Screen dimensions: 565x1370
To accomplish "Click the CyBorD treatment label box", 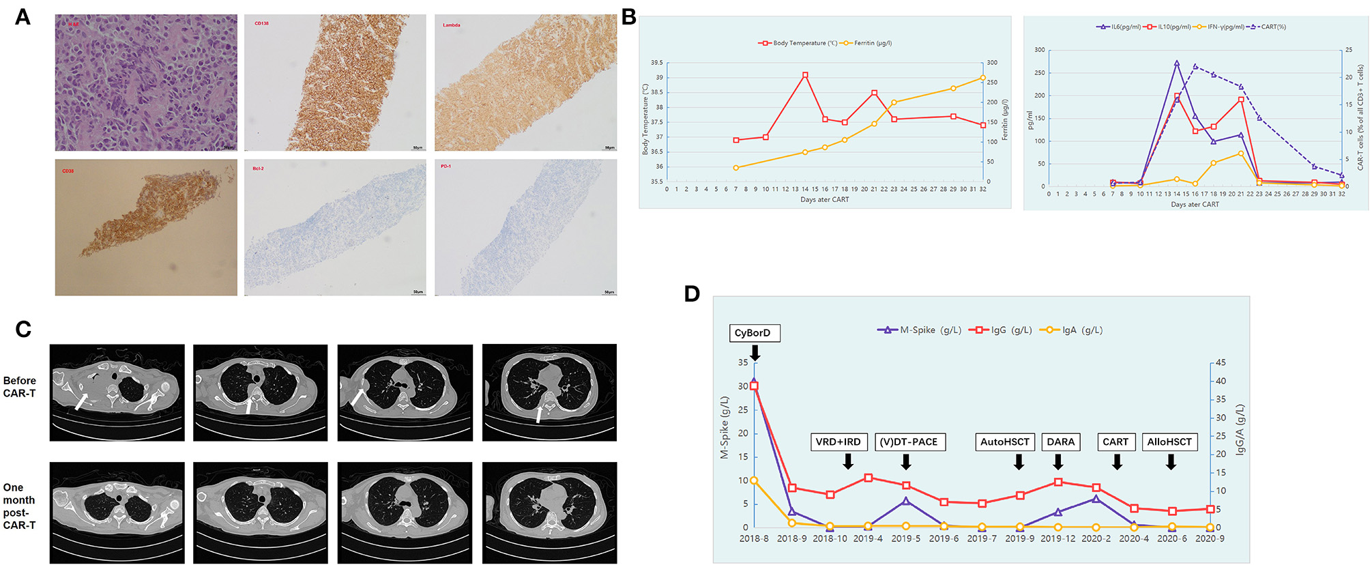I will click(x=754, y=333).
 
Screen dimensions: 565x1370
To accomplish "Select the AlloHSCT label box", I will click(x=1169, y=442).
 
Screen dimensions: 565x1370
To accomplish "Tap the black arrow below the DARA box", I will click(x=1058, y=463).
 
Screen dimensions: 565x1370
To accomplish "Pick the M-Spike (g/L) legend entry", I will click(x=919, y=330).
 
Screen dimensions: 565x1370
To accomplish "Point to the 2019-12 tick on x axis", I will click(x=1058, y=538).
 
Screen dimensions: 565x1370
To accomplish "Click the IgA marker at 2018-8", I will click(x=754, y=480).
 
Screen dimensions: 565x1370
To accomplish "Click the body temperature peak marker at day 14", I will click(x=805, y=75).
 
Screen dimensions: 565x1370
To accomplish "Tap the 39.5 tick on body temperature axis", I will click(x=656, y=63).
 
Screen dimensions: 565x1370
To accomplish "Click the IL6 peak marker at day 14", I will click(x=1177, y=63).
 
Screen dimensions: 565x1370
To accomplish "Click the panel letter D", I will click(x=692, y=294).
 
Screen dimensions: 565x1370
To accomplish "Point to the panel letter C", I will click(x=23, y=330).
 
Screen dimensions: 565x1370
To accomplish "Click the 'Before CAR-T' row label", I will click(x=20, y=387).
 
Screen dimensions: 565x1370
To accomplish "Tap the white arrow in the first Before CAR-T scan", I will click(x=81, y=401).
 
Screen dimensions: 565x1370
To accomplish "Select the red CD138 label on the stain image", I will click(x=261, y=24).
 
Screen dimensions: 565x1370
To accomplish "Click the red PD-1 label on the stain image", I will click(x=446, y=166).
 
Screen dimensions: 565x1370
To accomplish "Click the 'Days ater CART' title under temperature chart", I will click(x=824, y=200).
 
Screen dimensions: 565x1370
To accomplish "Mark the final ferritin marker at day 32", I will click(x=983, y=78).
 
